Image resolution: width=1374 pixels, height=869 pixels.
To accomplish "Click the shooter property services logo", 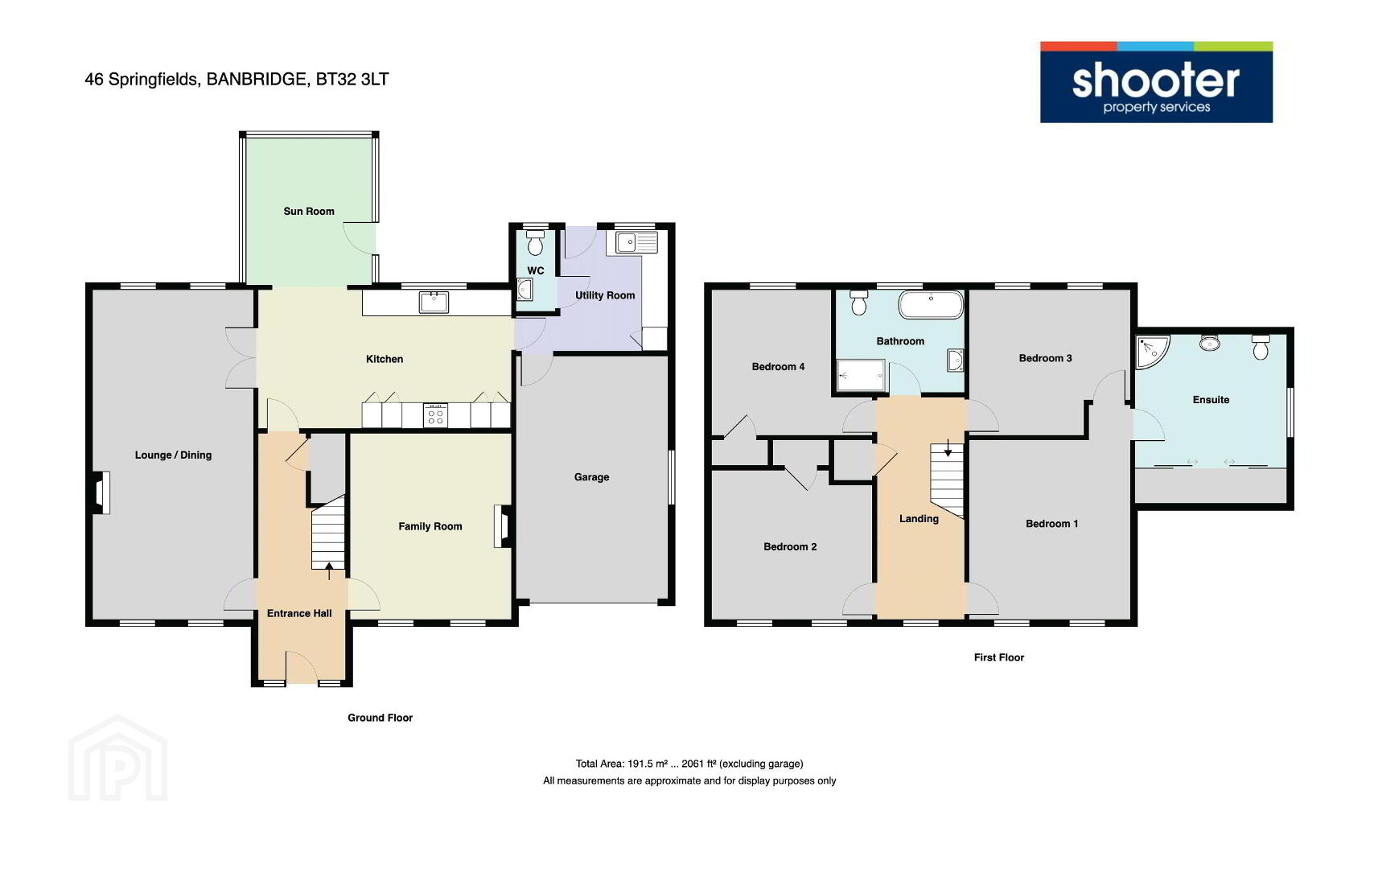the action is [1156, 82].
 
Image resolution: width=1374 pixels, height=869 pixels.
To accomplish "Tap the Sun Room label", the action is [309, 211].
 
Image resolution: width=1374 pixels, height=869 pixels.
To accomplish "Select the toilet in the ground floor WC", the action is [536, 243].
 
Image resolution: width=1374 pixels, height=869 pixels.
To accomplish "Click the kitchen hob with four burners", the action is [435, 415].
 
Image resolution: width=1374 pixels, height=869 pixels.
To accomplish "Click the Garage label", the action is [591, 477].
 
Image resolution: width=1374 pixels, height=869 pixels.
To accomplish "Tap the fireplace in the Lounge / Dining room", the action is [102, 492].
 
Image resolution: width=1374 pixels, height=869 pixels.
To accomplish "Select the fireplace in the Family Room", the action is [502, 526].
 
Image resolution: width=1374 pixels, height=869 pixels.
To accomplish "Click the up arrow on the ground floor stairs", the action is [329, 570].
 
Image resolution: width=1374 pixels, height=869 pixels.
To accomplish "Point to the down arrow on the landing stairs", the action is [948, 448].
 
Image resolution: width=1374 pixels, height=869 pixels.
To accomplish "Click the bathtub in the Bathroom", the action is [931, 304].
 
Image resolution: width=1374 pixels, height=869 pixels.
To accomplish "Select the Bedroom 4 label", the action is [778, 366].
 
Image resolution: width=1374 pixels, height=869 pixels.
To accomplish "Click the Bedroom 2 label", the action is [790, 546].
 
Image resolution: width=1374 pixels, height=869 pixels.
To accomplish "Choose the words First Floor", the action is [998, 657].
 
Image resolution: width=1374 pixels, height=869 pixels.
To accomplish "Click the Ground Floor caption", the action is [380, 718].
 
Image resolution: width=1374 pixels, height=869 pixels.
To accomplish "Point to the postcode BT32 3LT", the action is [352, 79].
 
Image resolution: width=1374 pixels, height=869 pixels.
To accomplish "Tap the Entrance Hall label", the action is [299, 613].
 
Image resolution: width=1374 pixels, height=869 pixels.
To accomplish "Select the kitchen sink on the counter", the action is [434, 303].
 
